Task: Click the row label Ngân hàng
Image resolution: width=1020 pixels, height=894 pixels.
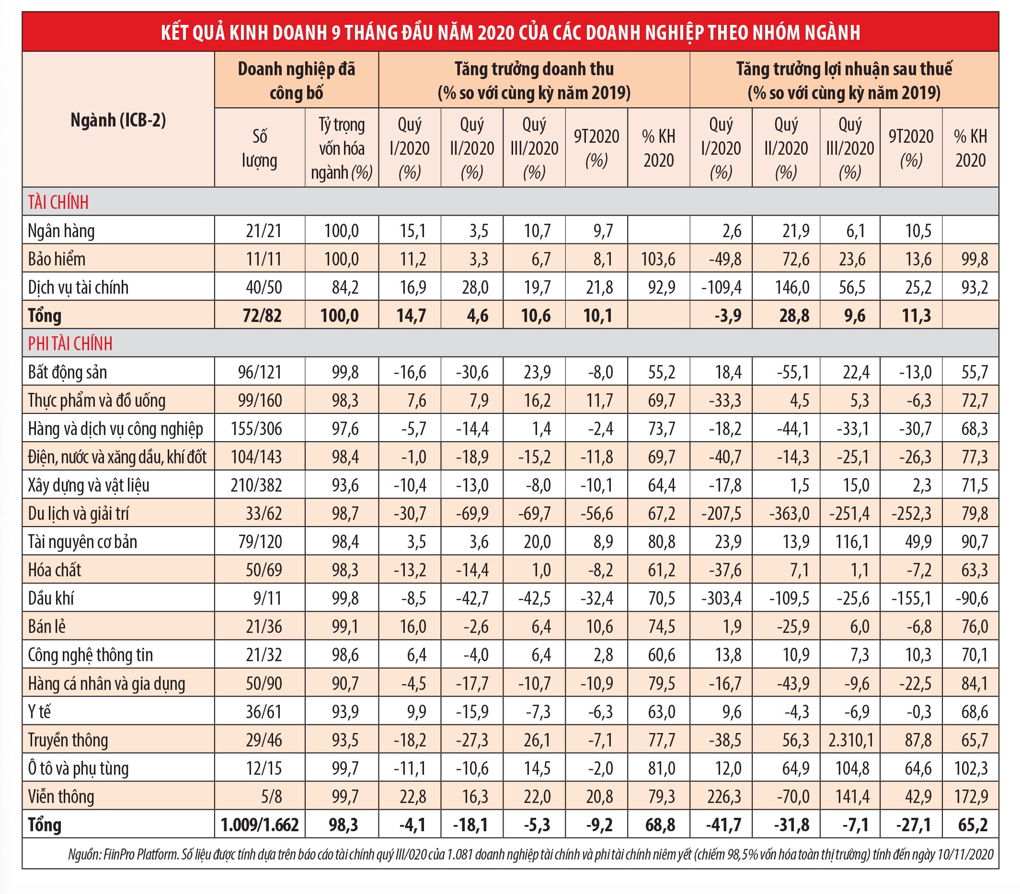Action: tap(61, 231)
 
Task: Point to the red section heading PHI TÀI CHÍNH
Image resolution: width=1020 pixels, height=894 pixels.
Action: tap(70, 344)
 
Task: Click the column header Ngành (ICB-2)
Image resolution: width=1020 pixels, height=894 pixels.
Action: tap(118, 120)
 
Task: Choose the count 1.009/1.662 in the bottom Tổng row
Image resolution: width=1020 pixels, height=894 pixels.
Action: tap(260, 825)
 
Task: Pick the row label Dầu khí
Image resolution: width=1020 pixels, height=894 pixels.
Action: tap(51, 598)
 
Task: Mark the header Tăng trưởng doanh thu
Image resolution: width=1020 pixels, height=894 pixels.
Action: tap(534, 69)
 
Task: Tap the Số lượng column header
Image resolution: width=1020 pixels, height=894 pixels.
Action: tap(259, 148)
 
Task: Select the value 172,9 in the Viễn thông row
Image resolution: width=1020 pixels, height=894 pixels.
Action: tap(971, 796)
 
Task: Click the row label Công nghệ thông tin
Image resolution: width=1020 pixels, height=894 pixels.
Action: tap(90, 655)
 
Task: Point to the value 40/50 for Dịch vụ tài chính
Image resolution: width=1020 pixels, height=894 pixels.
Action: tap(264, 287)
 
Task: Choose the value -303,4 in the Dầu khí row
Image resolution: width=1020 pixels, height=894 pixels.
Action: tap(721, 598)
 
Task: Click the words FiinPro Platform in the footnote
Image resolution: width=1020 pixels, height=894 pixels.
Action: tap(141, 855)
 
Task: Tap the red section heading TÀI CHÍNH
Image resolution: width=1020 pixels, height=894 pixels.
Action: tap(58, 202)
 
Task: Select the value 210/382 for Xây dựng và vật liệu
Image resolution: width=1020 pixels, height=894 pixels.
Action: tap(256, 485)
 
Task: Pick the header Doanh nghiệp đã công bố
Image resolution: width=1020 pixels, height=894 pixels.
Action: tap(296, 81)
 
